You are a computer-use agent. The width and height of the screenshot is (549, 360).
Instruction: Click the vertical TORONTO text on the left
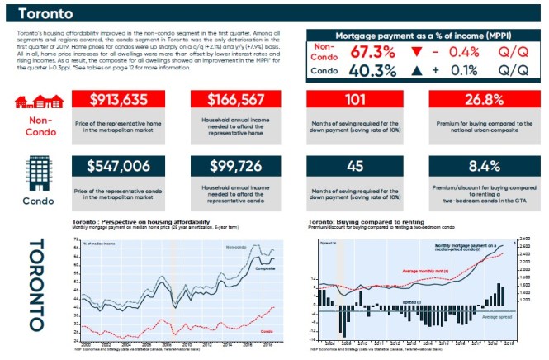coord(36,285)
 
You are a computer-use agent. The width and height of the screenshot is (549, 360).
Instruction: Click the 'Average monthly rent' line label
coord(419,270)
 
